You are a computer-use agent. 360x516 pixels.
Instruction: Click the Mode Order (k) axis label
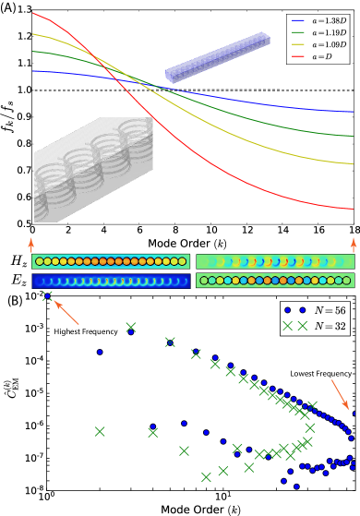pyautogui.click(x=192, y=243)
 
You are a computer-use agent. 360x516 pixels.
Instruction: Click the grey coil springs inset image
pyautogui.click(x=93, y=170)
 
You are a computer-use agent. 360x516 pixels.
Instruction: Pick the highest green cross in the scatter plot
pyautogui.click(x=47, y=295)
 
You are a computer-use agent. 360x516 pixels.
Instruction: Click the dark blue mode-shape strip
pyautogui.click(x=112, y=281)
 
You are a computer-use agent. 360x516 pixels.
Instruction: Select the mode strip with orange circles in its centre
pyautogui.click(x=112, y=262)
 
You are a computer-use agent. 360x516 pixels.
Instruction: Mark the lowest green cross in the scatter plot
pyautogui.click(x=206, y=477)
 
